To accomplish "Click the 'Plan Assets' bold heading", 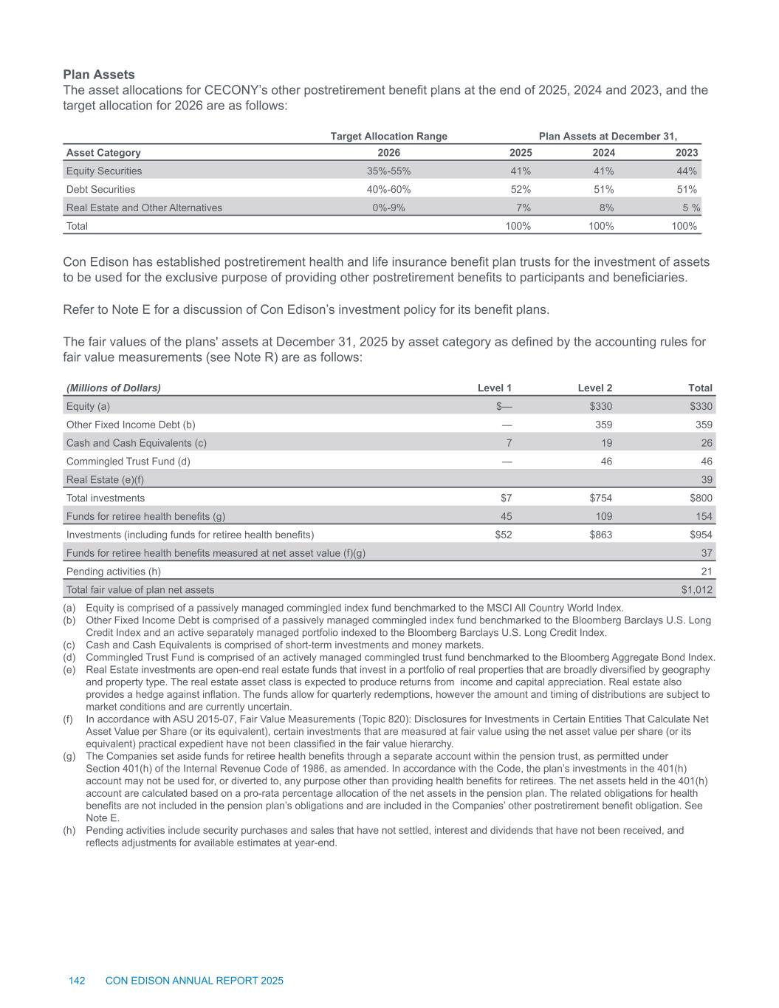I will pos(99,75).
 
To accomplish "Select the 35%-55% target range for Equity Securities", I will pos(388,171).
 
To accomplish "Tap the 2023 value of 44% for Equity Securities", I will pos(687,171).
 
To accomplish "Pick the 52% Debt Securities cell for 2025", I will pos(521,189).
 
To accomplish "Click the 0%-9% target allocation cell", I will pos(388,208).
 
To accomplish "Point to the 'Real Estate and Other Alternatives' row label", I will pos(144,208).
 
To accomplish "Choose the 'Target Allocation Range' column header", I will pos(388,136).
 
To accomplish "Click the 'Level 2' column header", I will pos(594,388).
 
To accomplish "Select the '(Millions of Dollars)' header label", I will pos(114,388).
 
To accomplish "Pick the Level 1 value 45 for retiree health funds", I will pos(506,516).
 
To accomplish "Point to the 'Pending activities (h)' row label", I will pos(114,571).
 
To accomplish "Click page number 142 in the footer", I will pos(77,981).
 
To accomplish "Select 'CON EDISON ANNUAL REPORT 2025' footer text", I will pos(194,981).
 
